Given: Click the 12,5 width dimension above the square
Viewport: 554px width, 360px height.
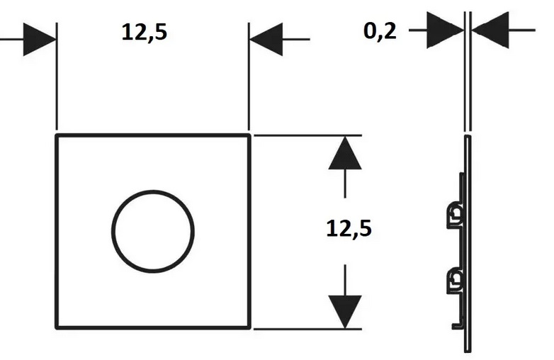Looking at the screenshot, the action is click(x=145, y=33).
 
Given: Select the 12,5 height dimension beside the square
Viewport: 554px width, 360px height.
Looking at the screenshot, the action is click(x=349, y=229).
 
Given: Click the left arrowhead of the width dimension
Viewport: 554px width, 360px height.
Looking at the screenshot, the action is click(x=40, y=39).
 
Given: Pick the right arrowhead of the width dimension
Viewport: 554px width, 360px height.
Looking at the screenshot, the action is click(x=266, y=39).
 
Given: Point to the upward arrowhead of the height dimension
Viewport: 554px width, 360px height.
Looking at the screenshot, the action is click(x=345, y=154).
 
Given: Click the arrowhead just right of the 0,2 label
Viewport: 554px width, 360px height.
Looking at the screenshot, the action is click(x=445, y=30).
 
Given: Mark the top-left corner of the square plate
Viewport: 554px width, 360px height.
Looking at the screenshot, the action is click(x=57, y=135).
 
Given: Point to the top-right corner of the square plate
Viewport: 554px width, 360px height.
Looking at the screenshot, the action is click(x=249, y=135).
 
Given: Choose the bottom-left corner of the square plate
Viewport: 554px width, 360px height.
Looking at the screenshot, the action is click(x=57, y=328).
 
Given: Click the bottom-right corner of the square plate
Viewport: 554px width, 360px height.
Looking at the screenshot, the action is click(x=249, y=328).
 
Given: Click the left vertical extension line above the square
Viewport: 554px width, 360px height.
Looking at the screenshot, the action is click(x=57, y=78).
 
